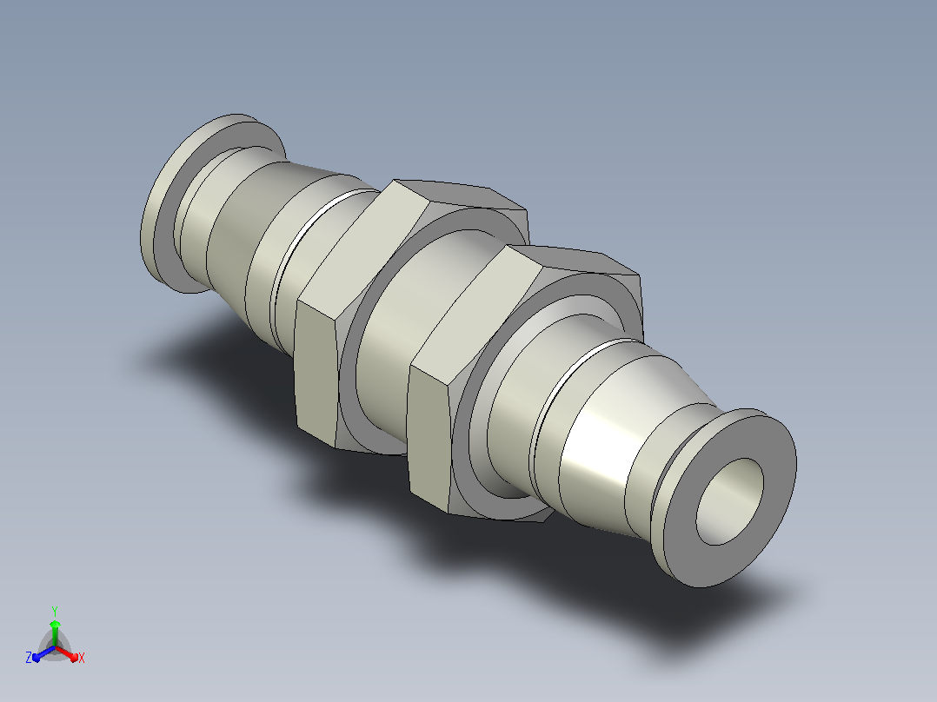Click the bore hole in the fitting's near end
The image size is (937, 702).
tap(729, 501)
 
